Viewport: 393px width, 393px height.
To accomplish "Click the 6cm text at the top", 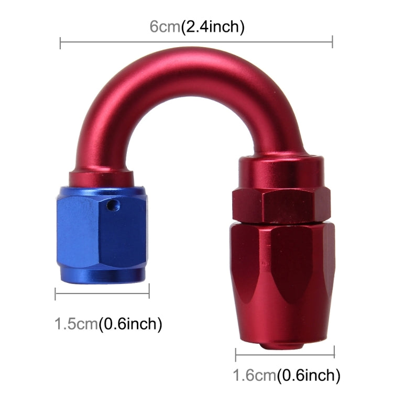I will click(x=165, y=26).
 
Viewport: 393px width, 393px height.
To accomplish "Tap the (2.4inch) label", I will click(x=212, y=26).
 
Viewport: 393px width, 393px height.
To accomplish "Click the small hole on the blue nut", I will click(x=110, y=206).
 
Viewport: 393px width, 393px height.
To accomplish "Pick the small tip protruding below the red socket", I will click(x=283, y=345).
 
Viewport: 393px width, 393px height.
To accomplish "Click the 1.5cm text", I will click(x=77, y=324).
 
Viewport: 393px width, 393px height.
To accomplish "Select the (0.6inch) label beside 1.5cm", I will click(x=130, y=324).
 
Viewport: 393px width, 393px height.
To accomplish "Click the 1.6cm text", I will click(x=255, y=375).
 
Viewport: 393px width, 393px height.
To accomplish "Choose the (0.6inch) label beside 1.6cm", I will click(x=309, y=375).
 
